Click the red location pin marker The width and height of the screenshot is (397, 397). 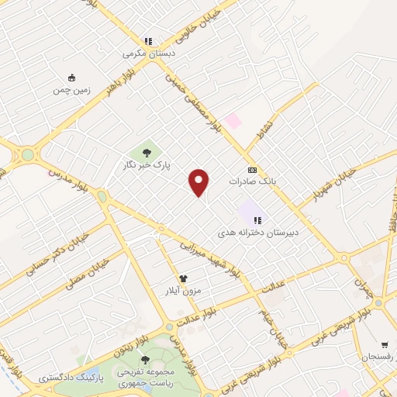pyautogui.click(x=199, y=182)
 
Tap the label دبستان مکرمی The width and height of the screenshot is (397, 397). pyautogui.click(x=149, y=55)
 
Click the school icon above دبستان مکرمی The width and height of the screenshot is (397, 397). pyautogui.click(x=148, y=42)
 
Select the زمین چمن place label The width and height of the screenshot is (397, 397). pyautogui.click(x=72, y=90)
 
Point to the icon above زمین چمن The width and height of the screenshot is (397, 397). pyautogui.click(x=72, y=78)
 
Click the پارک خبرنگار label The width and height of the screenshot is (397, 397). pyautogui.click(x=146, y=165)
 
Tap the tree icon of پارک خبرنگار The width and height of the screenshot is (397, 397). pyautogui.click(x=146, y=151)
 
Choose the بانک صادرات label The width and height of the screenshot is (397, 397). pyautogui.click(x=252, y=181)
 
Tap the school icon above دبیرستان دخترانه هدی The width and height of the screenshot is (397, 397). pyautogui.click(x=257, y=220)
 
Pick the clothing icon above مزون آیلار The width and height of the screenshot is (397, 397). pyautogui.click(x=183, y=278)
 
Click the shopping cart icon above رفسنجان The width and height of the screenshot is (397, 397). pyautogui.click(x=385, y=344)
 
